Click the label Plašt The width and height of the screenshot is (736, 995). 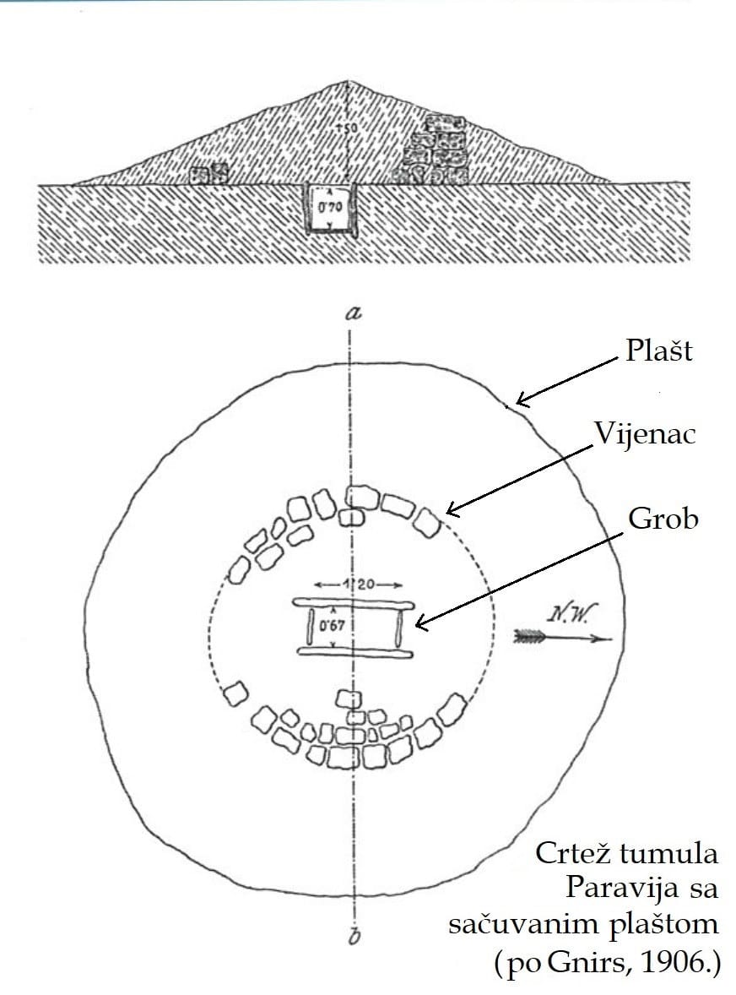coord(658,351)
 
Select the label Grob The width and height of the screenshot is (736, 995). coord(663,518)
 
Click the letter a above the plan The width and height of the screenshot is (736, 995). coord(354,313)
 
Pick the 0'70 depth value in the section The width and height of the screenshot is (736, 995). coord(328,205)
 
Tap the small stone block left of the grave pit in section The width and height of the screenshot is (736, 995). coord(210,174)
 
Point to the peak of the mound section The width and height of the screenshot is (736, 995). coord(349,81)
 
